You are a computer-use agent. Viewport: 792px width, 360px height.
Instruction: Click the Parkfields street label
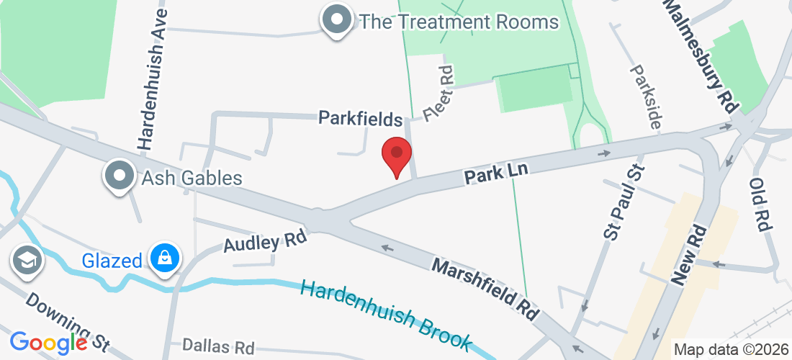pos(360,117)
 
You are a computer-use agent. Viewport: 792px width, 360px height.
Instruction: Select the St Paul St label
pos(622,202)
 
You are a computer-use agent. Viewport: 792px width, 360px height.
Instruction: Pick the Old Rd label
pos(762,204)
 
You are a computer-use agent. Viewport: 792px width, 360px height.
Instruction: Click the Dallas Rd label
pos(218,346)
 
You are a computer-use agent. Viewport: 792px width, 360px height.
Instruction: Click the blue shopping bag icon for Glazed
pos(165,258)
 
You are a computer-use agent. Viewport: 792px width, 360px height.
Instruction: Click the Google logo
pos(48,343)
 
